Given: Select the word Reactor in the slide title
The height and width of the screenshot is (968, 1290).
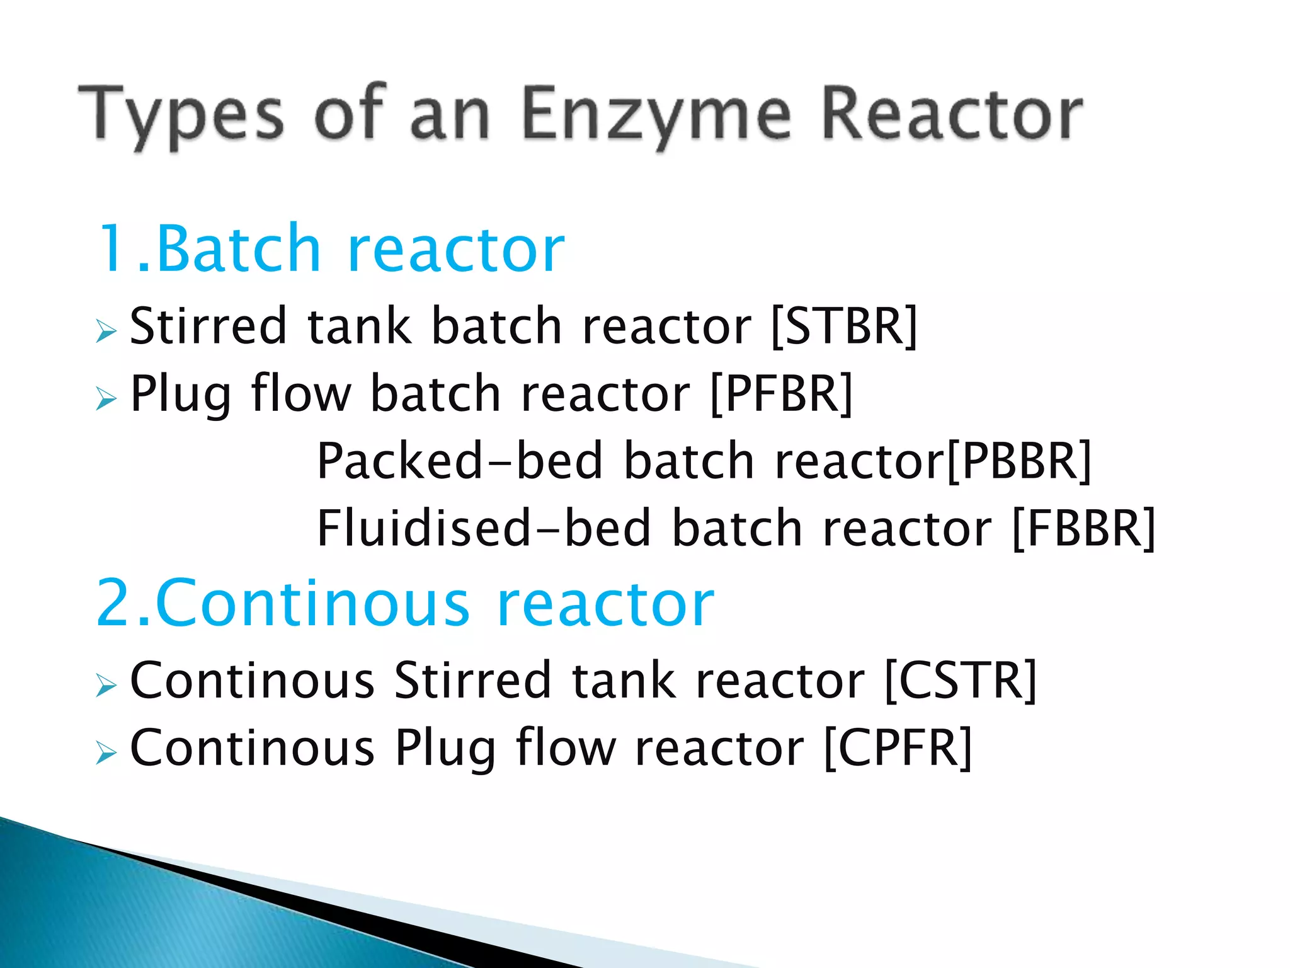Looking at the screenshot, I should point(952,115).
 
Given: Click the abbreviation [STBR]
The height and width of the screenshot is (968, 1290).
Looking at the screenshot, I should point(845,326).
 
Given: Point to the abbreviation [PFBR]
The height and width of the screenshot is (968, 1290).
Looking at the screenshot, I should point(781,394).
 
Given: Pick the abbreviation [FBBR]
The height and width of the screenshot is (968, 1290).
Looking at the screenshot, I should point(1083,528).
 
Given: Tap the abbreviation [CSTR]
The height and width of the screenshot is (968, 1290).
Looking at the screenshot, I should point(961,681).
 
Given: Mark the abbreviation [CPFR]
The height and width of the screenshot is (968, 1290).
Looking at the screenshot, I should point(898,748).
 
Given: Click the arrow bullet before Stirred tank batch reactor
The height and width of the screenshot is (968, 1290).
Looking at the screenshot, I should point(106,331).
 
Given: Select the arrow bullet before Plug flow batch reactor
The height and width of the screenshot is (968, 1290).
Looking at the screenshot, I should point(106,398).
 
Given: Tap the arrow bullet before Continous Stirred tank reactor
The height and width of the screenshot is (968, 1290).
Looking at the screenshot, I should point(106,685).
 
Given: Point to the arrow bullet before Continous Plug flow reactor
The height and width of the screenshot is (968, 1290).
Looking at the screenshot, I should point(106,752).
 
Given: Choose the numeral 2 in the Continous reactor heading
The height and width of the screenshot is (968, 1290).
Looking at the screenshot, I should point(115,604).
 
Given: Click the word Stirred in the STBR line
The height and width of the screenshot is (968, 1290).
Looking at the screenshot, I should point(208,326).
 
